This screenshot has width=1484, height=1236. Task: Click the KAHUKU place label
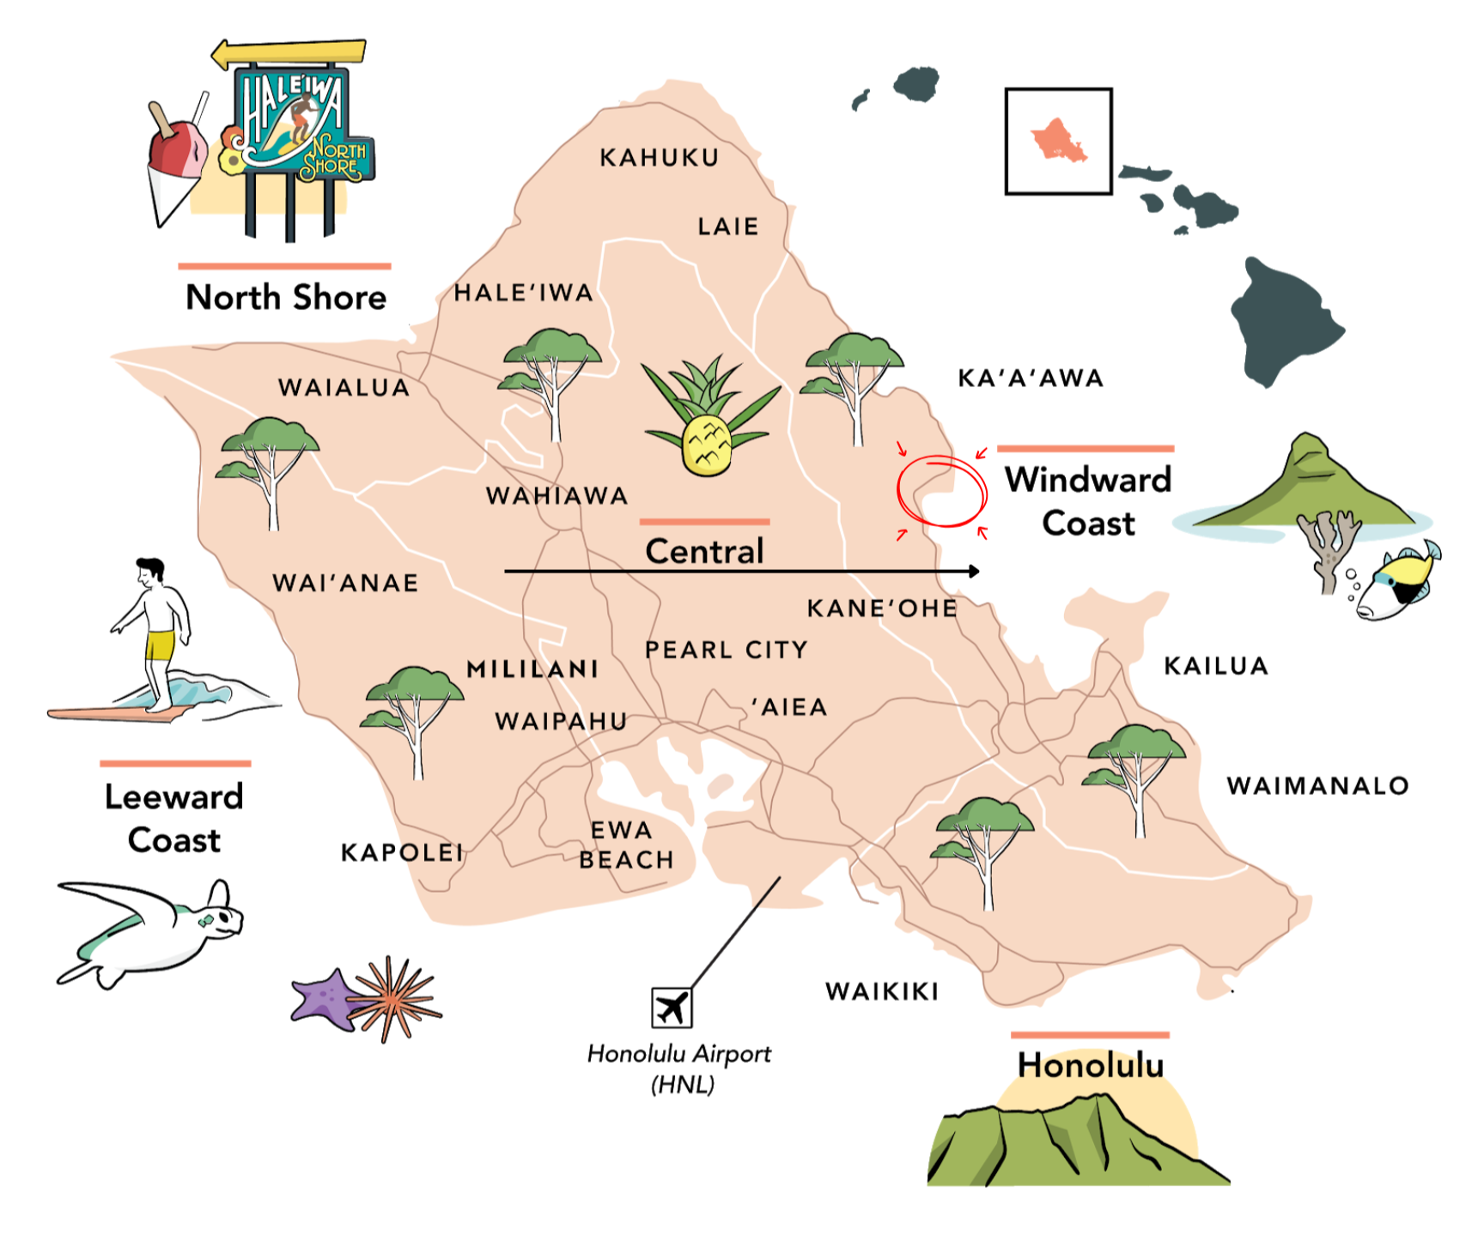click(659, 158)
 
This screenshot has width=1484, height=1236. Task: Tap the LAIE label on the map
click(727, 227)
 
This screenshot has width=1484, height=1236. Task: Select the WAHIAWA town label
click(556, 496)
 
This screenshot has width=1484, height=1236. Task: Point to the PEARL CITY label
click(727, 650)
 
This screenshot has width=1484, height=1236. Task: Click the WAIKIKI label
click(882, 991)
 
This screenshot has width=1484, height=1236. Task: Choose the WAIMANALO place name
click(1317, 785)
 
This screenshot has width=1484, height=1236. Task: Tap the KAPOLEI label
click(402, 852)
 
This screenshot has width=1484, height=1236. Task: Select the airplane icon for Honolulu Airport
click(672, 1007)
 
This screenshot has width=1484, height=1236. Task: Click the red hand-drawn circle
click(942, 491)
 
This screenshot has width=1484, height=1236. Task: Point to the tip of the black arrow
click(977, 571)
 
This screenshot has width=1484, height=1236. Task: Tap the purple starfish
click(324, 998)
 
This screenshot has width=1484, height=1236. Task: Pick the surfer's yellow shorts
click(160, 645)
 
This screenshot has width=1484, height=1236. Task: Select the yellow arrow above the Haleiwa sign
click(288, 53)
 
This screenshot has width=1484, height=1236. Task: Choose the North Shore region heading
click(286, 298)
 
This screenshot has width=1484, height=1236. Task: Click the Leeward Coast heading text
click(174, 818)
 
